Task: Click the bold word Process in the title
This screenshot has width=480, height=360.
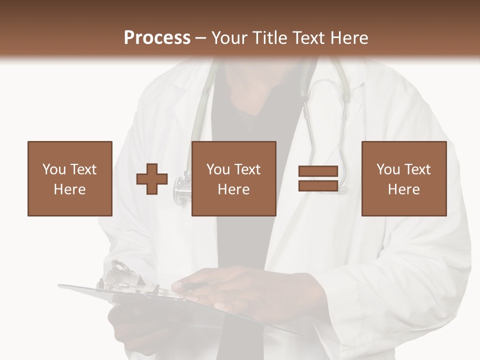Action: point(157,37)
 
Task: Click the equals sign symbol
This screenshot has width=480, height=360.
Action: point(318,178)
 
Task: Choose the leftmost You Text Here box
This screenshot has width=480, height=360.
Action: point(69,178)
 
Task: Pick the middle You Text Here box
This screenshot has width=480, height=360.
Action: point(233,178)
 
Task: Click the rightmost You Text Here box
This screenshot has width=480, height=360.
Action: point(403,178)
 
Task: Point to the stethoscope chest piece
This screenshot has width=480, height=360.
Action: point(181,188)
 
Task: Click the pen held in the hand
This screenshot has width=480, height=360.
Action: point(195,286)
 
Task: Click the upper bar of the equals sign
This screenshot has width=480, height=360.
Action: point(318,171)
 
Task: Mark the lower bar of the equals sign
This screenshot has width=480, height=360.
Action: point(318,185)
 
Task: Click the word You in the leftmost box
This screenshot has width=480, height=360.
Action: point(54,169)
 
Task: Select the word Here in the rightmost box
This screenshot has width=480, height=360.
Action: point(403,189)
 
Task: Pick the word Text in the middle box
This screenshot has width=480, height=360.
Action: point(247,169)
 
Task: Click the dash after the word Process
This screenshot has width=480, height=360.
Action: point(201,37)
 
